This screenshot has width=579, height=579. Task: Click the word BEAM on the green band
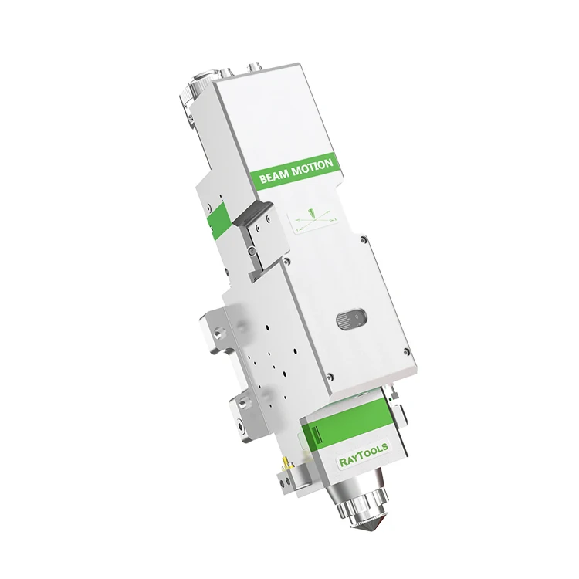(x=273, y=175)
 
